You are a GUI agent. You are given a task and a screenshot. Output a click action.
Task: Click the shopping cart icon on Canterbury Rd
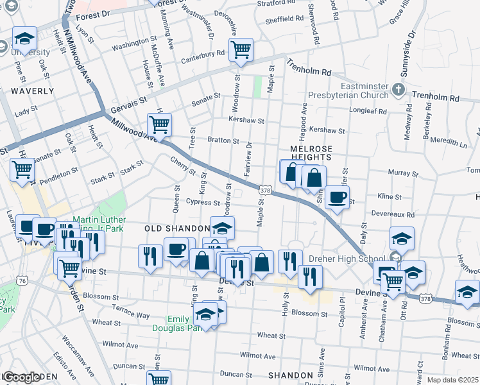(x=241, y=49)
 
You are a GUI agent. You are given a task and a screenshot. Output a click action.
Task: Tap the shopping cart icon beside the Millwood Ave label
(x=159, y=124)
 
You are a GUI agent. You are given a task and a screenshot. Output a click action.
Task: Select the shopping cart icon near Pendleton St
(x=22, y=171)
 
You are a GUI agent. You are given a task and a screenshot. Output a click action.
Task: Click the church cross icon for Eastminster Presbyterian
(x=399, y=89)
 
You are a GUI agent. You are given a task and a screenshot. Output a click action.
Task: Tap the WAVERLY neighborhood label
(x=32, y=91)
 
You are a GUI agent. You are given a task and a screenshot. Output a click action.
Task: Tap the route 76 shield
(x=22, y=281)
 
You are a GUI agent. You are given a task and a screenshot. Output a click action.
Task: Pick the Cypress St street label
(x=203, y=201)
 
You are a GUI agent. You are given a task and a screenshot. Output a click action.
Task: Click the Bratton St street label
(x=223, y=141)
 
